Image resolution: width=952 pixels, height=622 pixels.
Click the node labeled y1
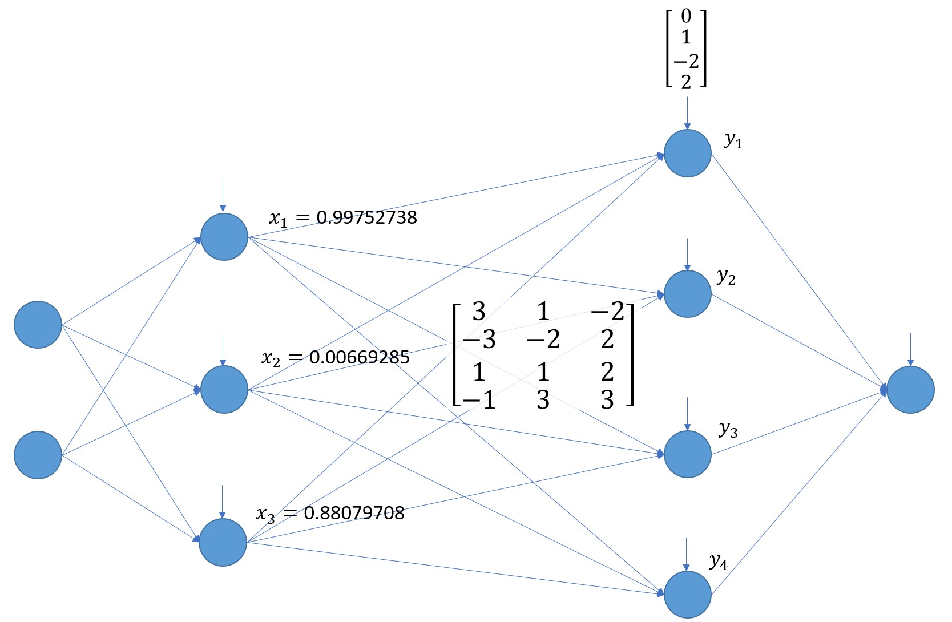(687, 153)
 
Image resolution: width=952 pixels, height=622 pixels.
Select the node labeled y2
(687, 294)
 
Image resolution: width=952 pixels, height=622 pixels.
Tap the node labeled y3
(687, 454)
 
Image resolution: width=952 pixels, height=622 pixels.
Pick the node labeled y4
(687, 595)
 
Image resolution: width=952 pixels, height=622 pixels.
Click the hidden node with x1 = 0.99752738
(224, 237)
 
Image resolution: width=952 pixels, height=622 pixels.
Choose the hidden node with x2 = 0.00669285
(224, 389)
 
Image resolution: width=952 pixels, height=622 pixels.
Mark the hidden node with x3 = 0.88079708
(223, 542)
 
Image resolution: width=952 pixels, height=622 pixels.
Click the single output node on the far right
(910, 390)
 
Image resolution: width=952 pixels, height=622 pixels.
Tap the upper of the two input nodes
(38, 325)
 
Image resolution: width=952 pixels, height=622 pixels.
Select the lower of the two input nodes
(38, 455)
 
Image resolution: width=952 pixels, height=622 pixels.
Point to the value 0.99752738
(366, 217)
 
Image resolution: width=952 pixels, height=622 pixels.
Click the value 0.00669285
(360, 358)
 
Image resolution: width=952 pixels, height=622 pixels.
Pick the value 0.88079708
(354, 513)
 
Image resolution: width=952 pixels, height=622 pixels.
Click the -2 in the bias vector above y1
(686, 60)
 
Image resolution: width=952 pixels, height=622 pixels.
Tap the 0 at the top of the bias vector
(686, 16)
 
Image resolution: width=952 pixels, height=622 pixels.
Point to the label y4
(719, 562)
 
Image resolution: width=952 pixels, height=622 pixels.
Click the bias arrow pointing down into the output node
(910, 349)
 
